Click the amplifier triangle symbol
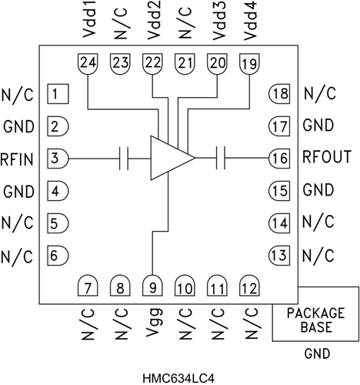click(x=170, y=157)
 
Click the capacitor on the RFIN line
click(x=123, y=157)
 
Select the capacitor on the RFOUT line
click(x=221, y=157)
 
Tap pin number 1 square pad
click(x=58, y=94)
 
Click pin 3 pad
click(x=58, y=157)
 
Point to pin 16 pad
click(x=279, y=157)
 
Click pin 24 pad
click(x=89, y=63)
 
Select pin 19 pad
click(x=249, y=63)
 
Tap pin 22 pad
click(x=153, y=63)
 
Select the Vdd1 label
click(x=89, y=23)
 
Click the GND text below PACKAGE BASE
click(x=316, y=356)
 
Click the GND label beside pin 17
click(x=318, y=126)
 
